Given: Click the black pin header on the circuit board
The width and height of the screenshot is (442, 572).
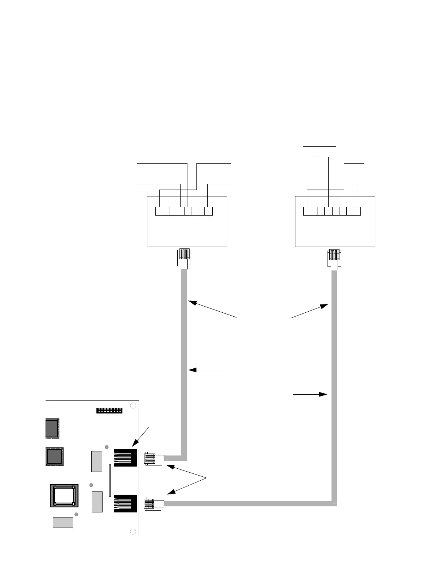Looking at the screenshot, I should [x=109, y=411].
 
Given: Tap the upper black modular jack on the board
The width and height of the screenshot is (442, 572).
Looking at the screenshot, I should [x=125, y=458].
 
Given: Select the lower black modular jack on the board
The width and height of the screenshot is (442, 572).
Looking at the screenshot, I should [x=125, y=503].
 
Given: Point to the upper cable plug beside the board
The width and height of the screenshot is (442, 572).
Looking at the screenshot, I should [x=154, y=458].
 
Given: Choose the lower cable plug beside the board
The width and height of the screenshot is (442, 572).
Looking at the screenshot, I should [x=154, y=504].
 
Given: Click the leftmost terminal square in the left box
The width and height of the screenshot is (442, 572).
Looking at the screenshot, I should [x=159, y=211].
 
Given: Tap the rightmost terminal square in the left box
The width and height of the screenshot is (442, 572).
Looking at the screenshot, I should [x=208, y=211].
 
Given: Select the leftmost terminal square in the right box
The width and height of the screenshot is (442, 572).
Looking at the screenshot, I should [x=307, y=211].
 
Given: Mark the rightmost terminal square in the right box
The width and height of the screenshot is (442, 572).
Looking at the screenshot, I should [x=357, y=211].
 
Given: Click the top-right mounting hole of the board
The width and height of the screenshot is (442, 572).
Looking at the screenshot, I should [x=133, y=405].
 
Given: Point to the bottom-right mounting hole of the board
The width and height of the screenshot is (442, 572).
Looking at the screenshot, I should [x=133, y=531].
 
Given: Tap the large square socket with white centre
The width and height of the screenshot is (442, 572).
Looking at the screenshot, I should [x=64, y=496].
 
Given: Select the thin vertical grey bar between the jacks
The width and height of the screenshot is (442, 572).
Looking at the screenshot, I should [x=110, y=480].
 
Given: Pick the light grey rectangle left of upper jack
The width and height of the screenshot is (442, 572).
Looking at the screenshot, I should [x=97, y=461].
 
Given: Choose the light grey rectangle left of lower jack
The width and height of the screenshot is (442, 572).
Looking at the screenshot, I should [x=97, y=502].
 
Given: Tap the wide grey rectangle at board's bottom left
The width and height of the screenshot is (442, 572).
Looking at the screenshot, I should [x=63, y=522].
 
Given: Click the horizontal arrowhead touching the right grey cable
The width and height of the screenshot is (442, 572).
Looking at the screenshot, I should [x=324, y=395].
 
